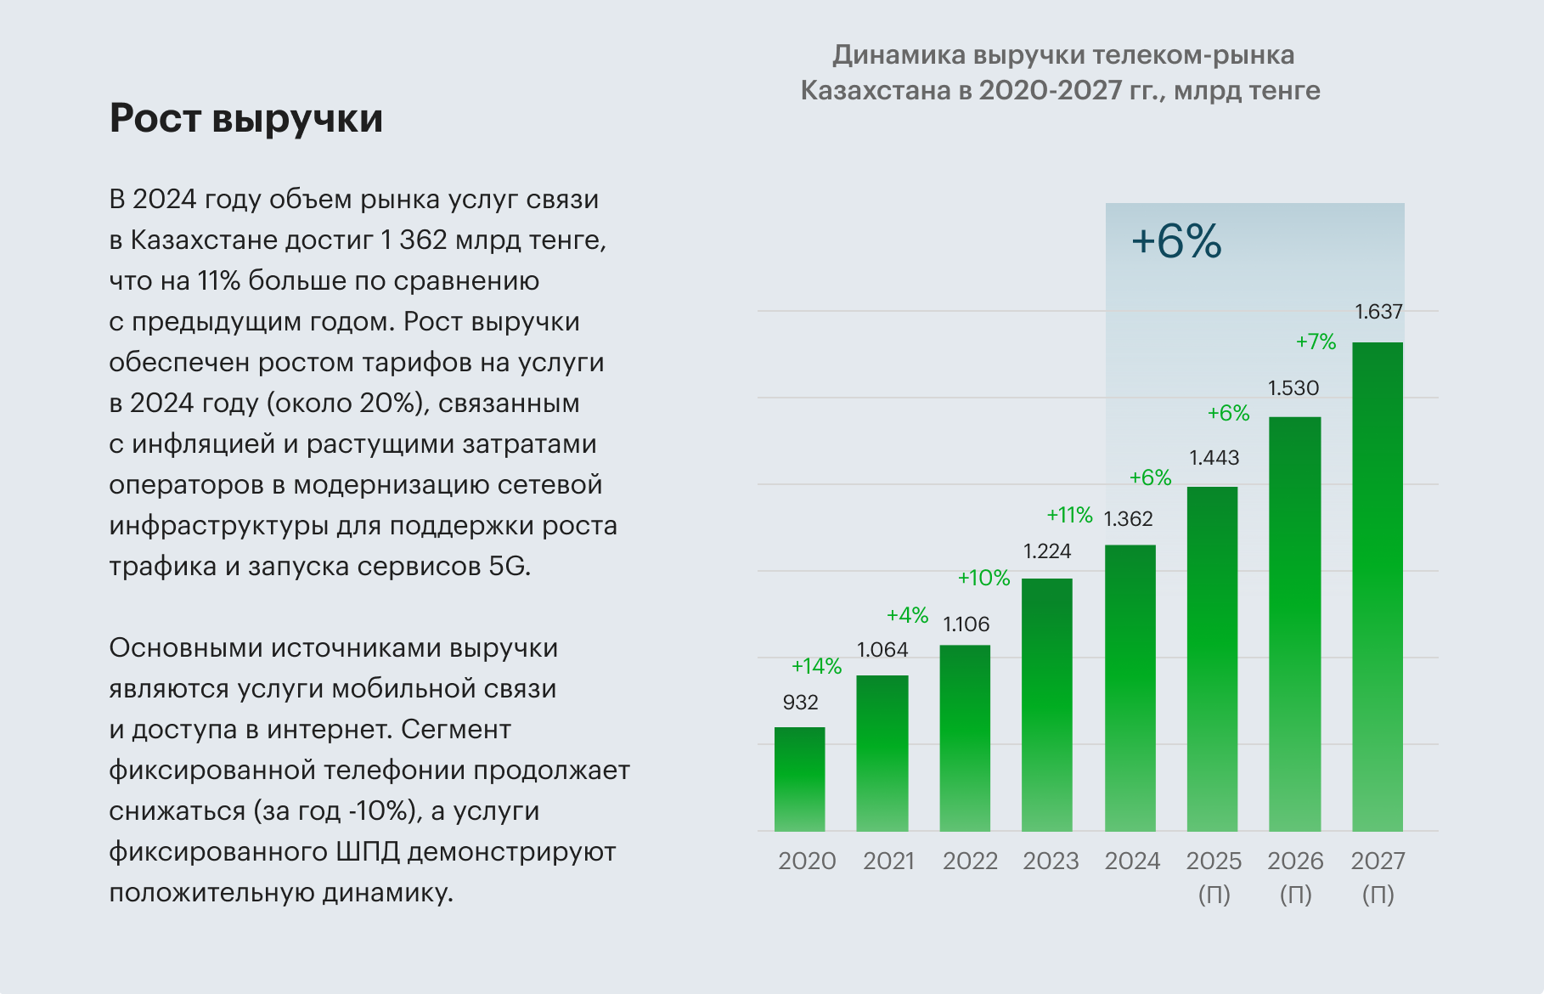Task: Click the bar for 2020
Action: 799,779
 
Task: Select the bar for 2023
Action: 1046,704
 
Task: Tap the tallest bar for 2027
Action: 1377,586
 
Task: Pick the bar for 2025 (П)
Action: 1212,658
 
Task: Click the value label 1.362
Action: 1128,519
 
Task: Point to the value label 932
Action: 800,703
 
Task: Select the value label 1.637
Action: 1378,312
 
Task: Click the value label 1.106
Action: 966,624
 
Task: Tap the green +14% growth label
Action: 816,666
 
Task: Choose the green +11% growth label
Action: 1069,515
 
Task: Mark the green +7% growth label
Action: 1316,342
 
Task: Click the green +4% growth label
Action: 907,615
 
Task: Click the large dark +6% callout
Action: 1176,241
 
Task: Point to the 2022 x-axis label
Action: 970,861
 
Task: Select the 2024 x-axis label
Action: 1132,861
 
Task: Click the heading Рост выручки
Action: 246,118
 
